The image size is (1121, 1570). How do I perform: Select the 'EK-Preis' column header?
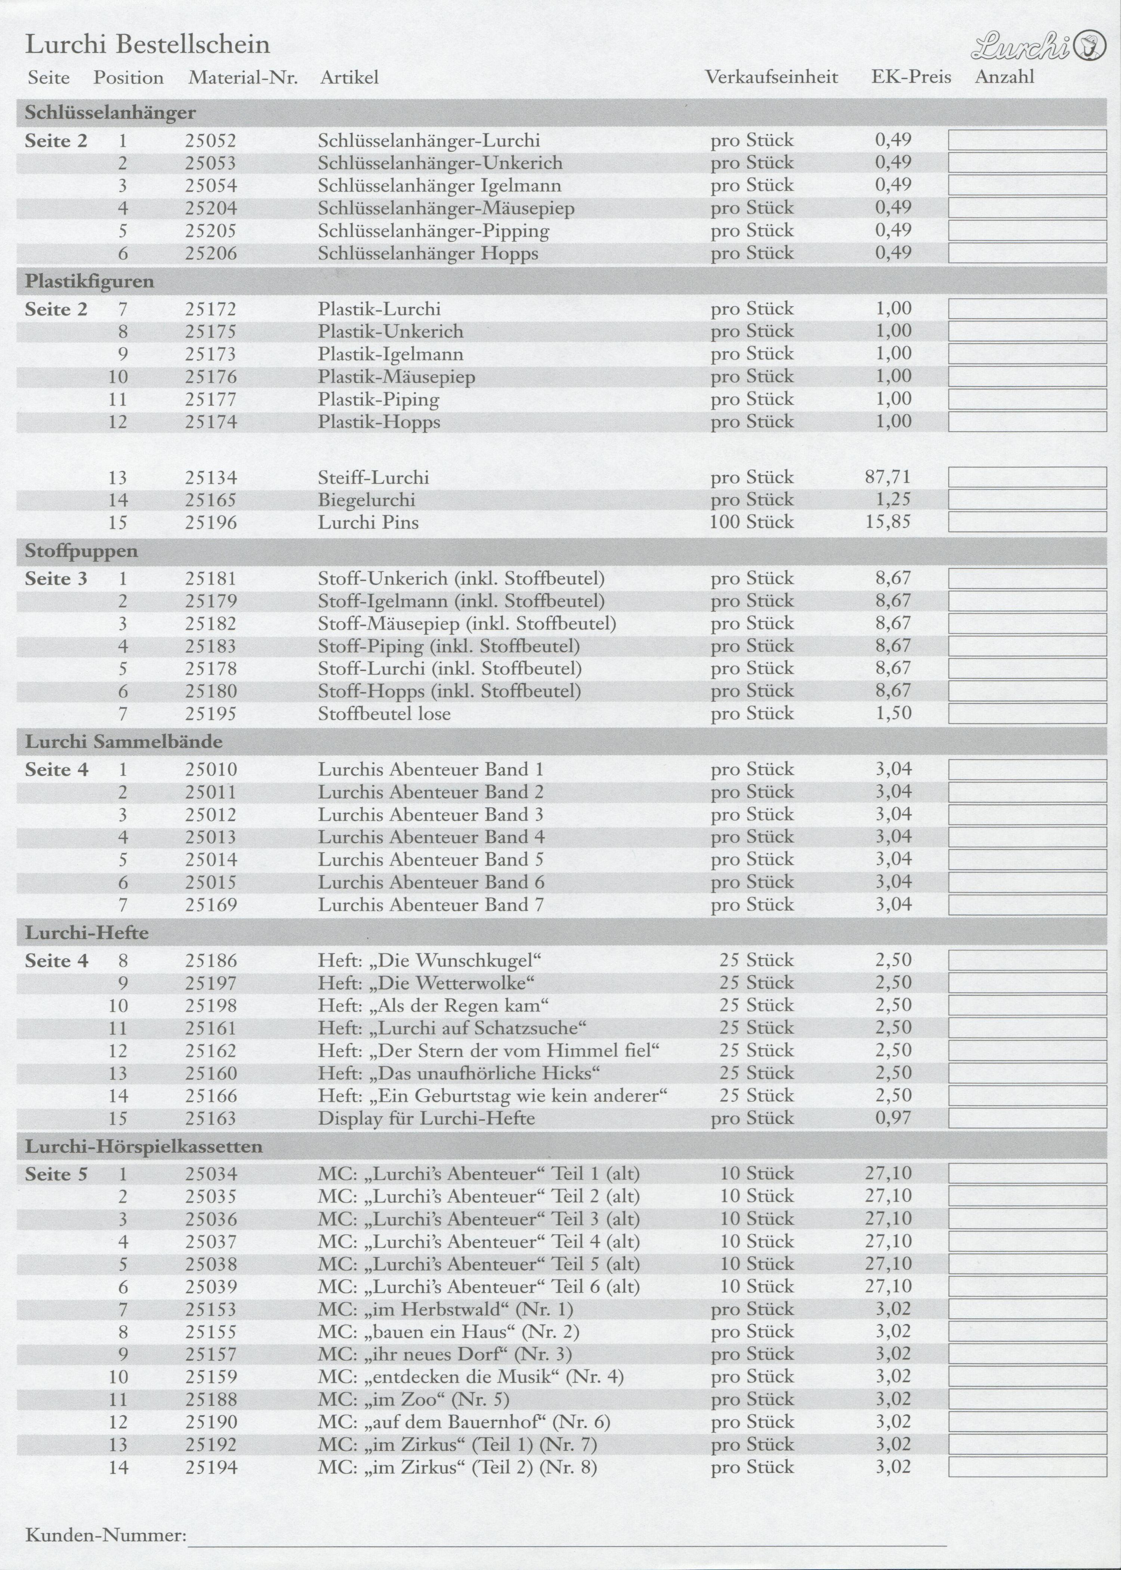tap(911, 77)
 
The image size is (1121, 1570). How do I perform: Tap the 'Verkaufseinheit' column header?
tap(771, 77)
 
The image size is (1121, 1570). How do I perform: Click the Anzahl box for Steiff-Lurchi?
tap(1026, 477)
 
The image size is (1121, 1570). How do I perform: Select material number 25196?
tap(210, 523)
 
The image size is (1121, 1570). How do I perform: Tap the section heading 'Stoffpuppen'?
tap(81, 551)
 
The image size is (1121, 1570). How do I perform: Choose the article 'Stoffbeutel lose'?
tap(384, 714)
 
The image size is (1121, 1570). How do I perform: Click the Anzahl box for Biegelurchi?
tap(1026, 500)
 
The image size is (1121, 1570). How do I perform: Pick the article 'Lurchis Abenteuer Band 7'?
tap(431, 905)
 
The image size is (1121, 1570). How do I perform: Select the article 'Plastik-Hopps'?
tap(379, 422)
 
